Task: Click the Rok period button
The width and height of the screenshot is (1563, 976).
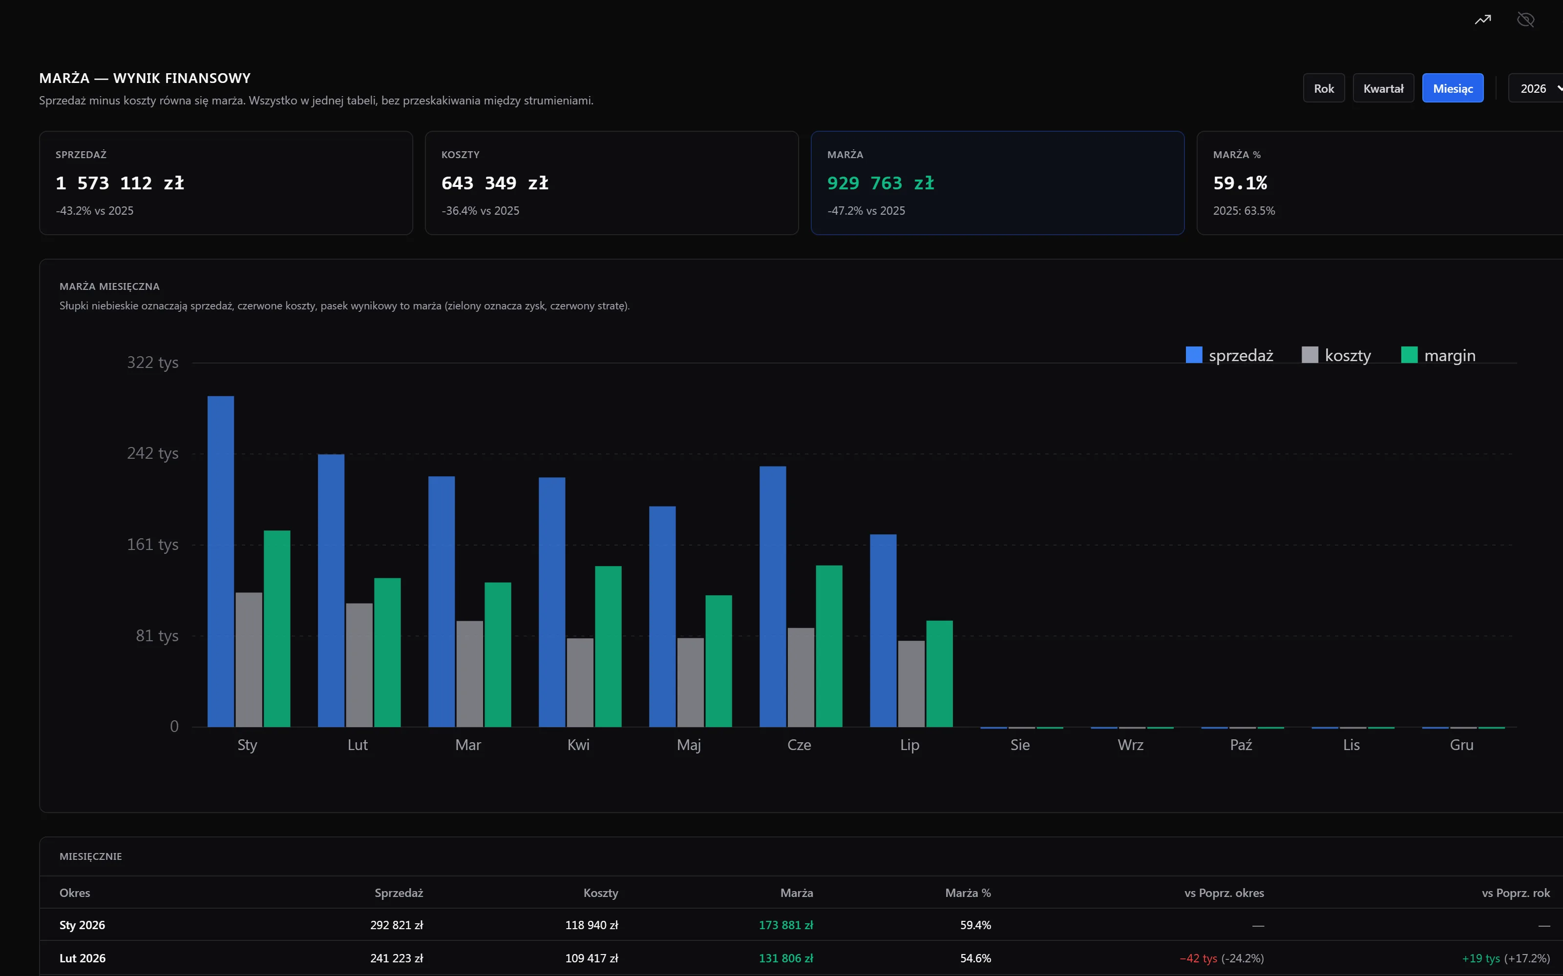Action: coord(1323,88)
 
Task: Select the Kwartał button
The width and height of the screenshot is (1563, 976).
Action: coord(1383,88)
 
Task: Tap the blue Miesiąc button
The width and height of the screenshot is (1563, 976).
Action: coord(1453,88)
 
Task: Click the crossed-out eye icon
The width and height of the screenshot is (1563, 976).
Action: coord(1525,20)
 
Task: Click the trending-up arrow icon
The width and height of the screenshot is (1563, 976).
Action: coord(1483,20)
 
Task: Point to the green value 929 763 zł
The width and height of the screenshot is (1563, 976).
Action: coord(880,183)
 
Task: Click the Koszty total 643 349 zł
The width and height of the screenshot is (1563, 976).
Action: coord(495,183)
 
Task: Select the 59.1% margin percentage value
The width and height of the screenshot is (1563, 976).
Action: coord(1240,183)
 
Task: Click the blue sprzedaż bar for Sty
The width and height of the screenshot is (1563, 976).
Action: coord(221,562)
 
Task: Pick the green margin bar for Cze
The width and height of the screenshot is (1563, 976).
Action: coord(829,646)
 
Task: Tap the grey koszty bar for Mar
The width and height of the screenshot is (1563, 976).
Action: coord(469,674)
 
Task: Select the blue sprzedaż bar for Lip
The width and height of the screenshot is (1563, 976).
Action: coord(883,630)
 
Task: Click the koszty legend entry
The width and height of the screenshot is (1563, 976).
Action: coord(1336,355)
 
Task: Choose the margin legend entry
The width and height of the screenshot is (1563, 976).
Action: coord(1438,355)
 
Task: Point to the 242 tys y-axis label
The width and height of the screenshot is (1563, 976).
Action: coord(152,453)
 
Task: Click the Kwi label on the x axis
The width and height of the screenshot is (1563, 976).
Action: coord(578,745)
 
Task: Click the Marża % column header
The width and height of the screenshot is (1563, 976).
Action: coord(968,893)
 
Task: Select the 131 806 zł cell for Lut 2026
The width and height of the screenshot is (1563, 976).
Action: coord(785,958)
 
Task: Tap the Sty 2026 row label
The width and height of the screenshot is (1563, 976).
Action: coord(82,925)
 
